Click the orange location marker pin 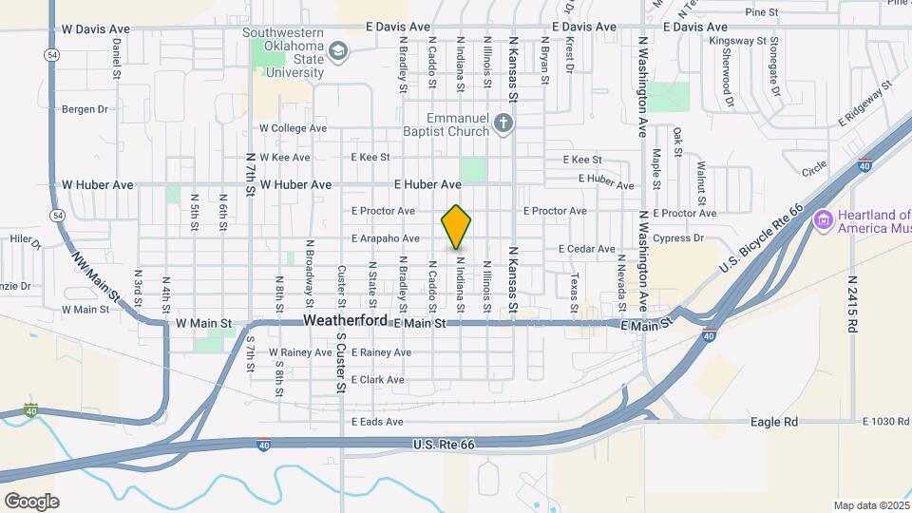pyautogui.click(x=456, y=227)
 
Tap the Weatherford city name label pyautogui.click(x=346, y=322)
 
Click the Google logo pyautogui.click(x=31, y=501)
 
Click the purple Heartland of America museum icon pyautogui.click(x=823, y=221)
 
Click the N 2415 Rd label pyautogui.click(x=852, y=303)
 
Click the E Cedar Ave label pyautogui.click(x=587, y=249)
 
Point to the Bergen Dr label pyautogui.click(x=85, y=109)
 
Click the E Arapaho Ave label pyautogui.click(x=385, y=238)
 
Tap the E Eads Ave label pyautogui.click(x=377, y=422)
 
